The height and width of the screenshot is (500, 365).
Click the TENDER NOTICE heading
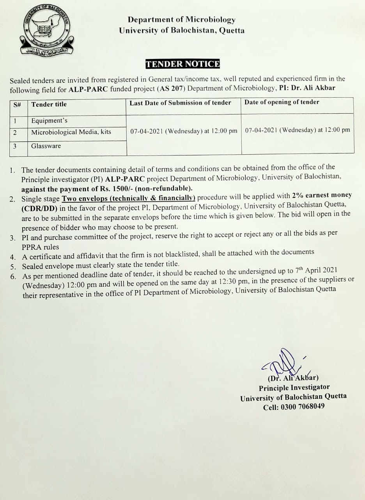tap(182, 64)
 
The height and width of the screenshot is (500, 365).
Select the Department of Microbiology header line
tap(182, 19)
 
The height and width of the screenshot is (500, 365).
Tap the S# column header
tap(17, 105)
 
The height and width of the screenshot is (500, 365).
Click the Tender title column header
tap(49, 104)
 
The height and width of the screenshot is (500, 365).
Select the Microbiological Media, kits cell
tap(71, 132)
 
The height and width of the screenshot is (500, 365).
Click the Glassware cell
tap(46, 146)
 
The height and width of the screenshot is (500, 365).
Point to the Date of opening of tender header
tap(282, 102)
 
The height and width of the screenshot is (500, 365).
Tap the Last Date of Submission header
tap(180, 103)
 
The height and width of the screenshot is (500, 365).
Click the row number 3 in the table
tap(15, 146)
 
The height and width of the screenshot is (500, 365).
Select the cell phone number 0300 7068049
tap(305, 407)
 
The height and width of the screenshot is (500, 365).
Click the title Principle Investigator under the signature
tap(294, 387)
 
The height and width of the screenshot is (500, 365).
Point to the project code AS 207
tap(172, 88)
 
